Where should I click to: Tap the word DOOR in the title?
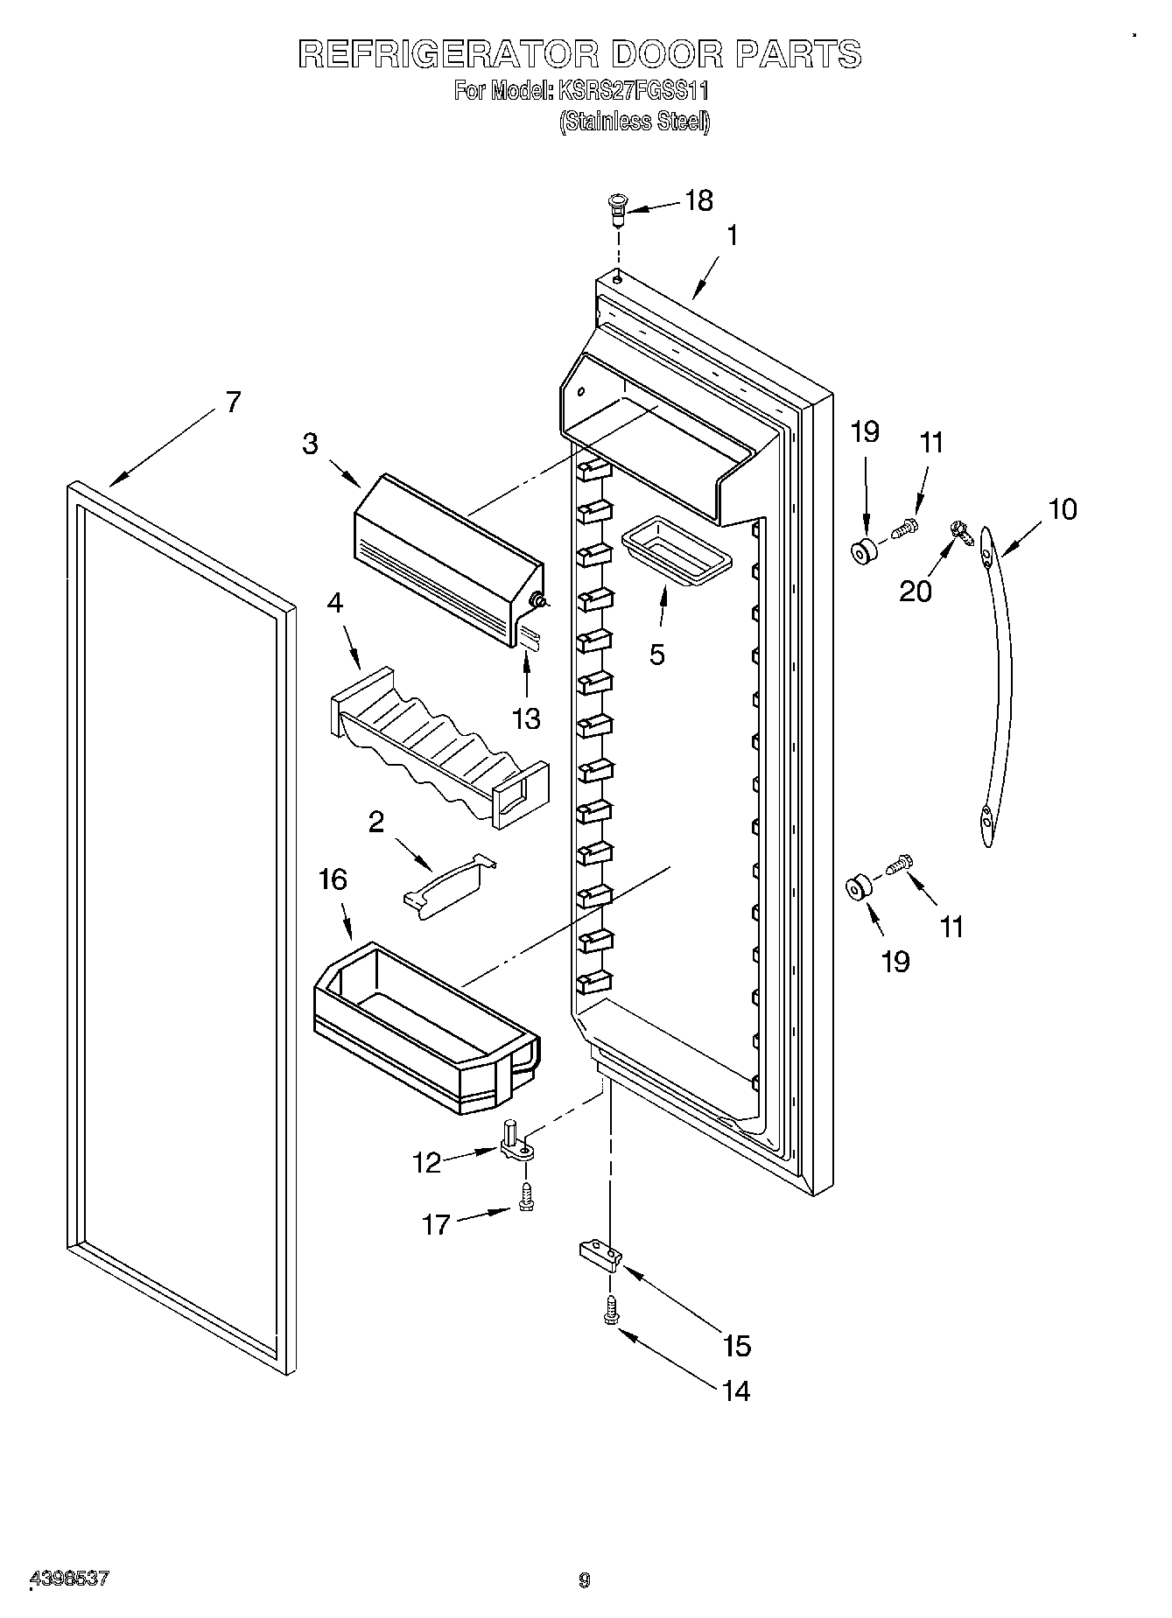coord(665,54)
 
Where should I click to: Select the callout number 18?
coord(698,200)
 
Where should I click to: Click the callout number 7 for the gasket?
coord(232,402)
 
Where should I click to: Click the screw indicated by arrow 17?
coord(527,1195)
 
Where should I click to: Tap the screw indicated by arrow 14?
coord(611,1310)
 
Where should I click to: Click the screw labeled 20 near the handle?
coord(962,532)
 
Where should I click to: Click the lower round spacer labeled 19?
coord(858,887)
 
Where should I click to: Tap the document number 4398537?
coord(70,1578)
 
